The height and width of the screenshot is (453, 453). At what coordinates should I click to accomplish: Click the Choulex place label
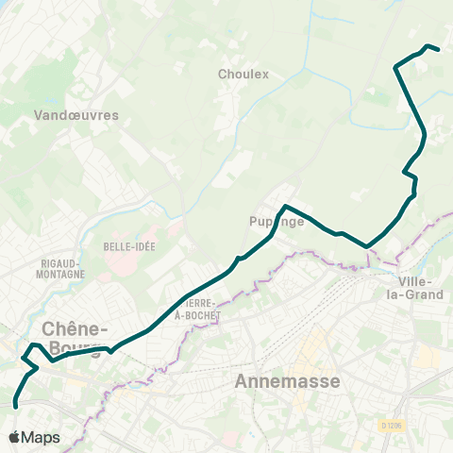tap(243, 74)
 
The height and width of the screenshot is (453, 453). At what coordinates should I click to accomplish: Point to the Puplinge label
tap(277, 222)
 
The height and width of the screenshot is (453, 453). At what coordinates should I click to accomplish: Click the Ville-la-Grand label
tap(415, 289)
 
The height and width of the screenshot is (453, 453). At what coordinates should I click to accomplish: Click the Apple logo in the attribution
tap(14, 438)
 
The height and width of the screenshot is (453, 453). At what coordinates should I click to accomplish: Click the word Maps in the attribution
tap(41, 438)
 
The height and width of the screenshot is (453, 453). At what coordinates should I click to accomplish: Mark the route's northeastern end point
tap(439, 49)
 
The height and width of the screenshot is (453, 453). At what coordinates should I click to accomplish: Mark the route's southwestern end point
tap(16, 406)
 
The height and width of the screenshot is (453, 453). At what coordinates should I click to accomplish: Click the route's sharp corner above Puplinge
tap(285, 206)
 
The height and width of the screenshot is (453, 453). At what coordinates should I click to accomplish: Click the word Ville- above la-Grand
tap(415, 282)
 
